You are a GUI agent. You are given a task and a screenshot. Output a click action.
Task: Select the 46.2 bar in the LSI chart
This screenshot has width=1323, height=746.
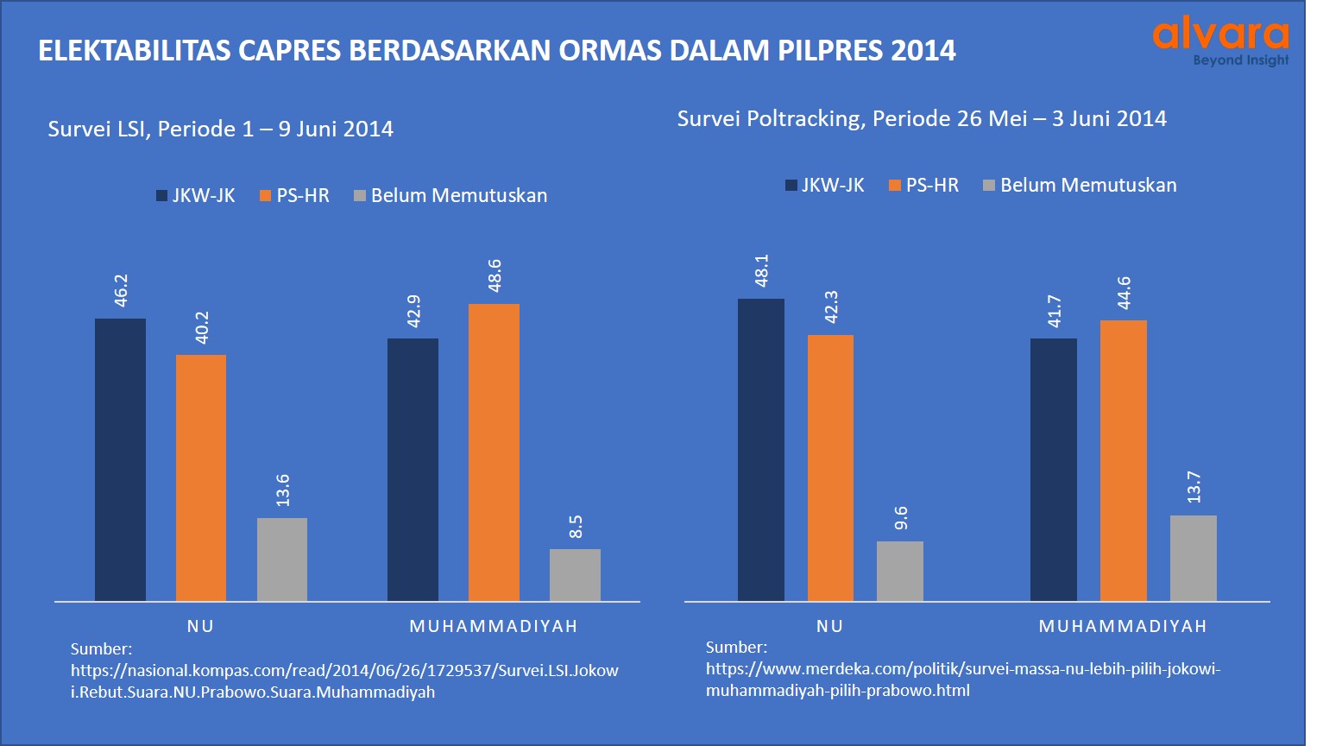120,459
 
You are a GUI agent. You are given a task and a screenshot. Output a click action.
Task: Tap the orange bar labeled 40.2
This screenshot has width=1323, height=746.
201,477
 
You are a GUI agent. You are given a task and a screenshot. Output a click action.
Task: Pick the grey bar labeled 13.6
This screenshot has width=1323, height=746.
282,559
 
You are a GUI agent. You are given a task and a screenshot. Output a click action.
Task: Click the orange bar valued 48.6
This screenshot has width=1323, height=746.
494,452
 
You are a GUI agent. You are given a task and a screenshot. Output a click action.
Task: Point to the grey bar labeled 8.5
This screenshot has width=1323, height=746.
575,574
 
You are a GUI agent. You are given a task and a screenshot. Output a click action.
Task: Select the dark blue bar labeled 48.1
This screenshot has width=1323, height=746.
761,449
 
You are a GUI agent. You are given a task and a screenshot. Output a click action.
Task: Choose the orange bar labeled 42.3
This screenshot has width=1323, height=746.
830,467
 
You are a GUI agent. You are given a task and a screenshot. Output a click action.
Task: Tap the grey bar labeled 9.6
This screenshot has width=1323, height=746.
900,571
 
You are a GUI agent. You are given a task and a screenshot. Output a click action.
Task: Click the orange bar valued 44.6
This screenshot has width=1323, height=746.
1124,460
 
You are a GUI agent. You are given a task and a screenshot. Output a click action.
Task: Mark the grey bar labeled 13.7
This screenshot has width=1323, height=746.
1194,558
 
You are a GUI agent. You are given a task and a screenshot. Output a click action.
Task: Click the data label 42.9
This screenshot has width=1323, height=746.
413,311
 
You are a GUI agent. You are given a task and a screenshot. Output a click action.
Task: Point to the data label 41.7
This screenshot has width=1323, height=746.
1054,311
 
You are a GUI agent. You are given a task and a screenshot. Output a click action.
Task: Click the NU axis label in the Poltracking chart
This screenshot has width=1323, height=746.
829,626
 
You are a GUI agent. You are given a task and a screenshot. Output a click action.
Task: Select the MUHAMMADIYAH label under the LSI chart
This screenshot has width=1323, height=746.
494,626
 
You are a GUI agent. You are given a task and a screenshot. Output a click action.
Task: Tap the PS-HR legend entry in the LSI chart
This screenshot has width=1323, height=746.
294,196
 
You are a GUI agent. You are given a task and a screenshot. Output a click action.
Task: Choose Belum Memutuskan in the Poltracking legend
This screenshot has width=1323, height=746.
1080,186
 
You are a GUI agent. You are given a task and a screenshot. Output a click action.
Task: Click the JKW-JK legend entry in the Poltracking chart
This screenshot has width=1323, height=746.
824,186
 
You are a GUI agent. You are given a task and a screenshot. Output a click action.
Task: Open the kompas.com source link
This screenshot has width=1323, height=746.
344,680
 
